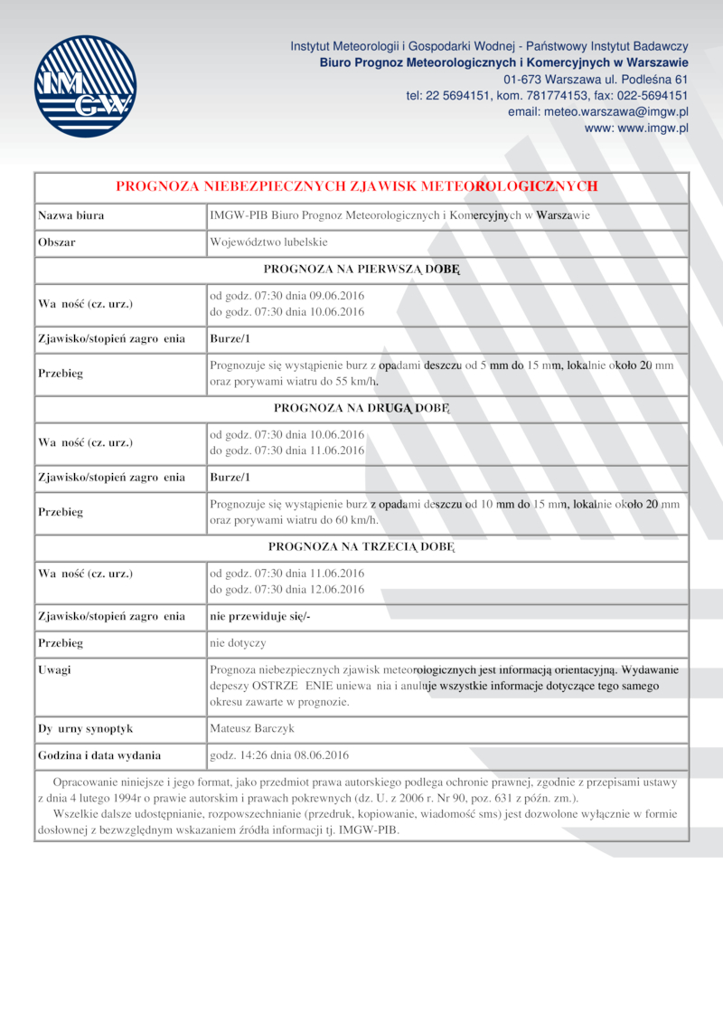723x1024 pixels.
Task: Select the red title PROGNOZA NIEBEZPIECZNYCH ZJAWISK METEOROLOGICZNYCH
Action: tap(357, 186)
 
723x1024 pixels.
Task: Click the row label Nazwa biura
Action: tap(70, 215)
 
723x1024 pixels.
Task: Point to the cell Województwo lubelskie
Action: tap(268, 242)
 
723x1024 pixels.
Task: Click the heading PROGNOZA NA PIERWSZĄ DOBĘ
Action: tap(361, 269)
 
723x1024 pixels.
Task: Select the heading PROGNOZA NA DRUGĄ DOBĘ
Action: tap(361, 408)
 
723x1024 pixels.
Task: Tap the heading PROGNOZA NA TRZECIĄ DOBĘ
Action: tap(361, 547)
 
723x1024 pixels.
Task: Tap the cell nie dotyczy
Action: tap(238, 643)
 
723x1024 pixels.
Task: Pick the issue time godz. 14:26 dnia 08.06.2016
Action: tap(279, 754)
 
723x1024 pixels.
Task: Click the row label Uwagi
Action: tap(54, 670)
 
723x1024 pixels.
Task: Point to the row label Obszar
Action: tap(56, 242)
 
